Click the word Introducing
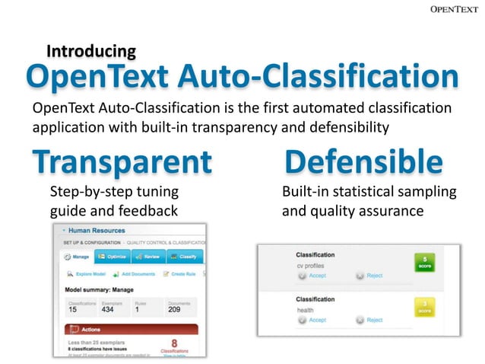91,52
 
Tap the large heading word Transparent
122,161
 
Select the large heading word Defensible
363,161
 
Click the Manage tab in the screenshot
77,257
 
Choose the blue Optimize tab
112,257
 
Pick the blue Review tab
148,257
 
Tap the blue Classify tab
185,257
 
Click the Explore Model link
86,273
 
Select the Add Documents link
135,273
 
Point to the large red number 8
174,344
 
